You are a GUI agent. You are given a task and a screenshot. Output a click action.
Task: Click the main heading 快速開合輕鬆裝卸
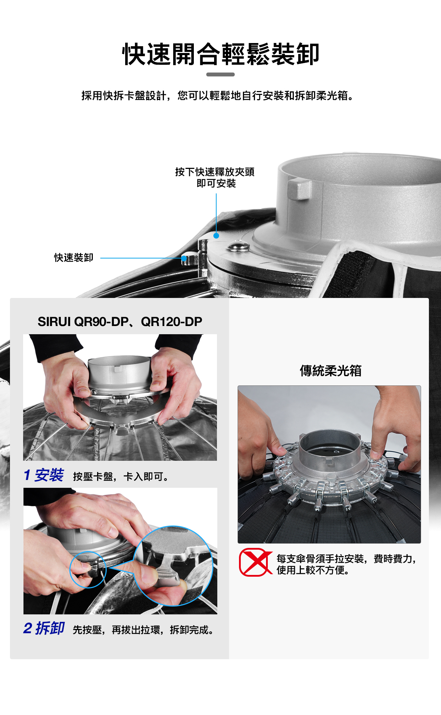(220, 54)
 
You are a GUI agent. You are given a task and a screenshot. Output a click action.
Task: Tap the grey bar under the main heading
(220, 74)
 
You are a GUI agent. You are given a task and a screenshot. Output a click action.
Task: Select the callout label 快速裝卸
(74, 258)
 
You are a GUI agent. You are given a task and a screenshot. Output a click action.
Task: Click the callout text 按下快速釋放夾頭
(215, 172)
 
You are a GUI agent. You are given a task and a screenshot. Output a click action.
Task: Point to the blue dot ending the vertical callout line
(216, 235)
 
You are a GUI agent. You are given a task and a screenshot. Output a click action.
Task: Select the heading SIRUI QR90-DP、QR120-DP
(120, 322)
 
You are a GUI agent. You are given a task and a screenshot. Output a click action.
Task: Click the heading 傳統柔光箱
(330, 371)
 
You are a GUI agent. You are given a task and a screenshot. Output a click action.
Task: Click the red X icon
(255, 562)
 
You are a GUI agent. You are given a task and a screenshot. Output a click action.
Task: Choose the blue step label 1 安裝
(44, 475)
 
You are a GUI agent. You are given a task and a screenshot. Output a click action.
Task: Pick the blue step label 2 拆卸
(44, 628)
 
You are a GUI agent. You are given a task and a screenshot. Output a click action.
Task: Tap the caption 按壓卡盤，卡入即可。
(121, 476)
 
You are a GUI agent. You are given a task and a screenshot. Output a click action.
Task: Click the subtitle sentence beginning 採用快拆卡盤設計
(218, 96)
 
